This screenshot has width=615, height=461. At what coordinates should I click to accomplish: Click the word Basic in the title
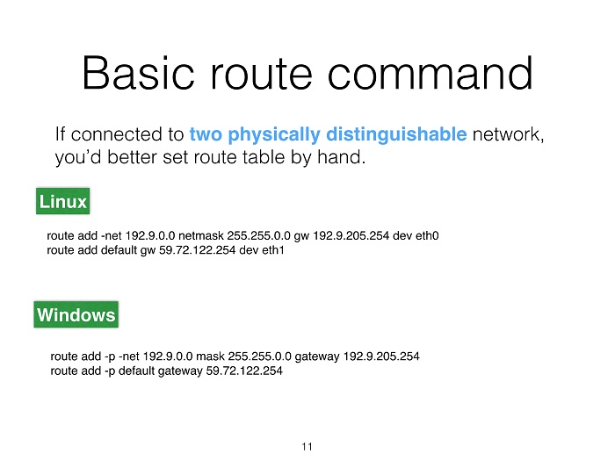coord(139,73)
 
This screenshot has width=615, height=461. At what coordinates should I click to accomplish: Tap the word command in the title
coord(430,73)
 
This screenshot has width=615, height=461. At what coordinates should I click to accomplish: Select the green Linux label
coord(62,201)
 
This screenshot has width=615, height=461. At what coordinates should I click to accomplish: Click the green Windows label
coord(76,314)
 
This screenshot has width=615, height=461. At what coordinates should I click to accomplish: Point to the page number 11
coord(307,446)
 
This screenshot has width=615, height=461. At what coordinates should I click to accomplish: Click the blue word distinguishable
coord(396,134)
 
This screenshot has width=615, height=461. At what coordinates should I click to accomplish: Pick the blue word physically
coord(274,135)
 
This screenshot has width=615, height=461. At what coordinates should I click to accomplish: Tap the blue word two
coord(206,134)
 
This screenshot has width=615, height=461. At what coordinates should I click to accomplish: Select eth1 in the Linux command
coord(273,250)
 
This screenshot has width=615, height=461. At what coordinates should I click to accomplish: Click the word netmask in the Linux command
coord(201,235)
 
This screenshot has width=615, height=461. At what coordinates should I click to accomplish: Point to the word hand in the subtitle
coord(341,157)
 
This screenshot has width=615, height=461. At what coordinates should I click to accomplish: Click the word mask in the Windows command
coord(210,357)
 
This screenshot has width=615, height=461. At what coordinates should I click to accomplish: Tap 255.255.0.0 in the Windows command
coord(260,357)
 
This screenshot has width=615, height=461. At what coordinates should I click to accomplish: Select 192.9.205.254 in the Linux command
coord(351,235)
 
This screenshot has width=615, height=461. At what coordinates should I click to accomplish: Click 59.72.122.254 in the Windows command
coord(244,371)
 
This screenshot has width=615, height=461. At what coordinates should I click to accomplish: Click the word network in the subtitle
coord(509,134)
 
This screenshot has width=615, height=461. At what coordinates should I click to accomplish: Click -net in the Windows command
coord(129,357)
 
